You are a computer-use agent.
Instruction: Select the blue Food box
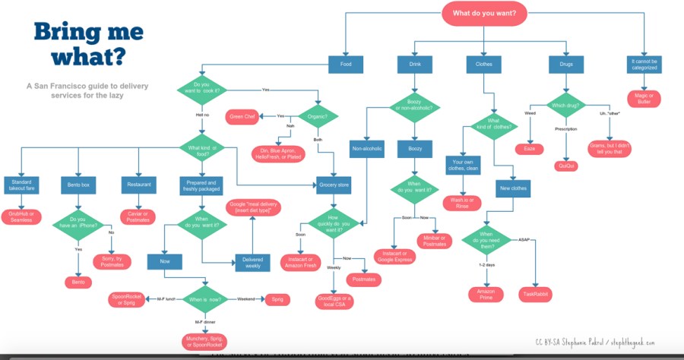pyautogui.click(x=345, y=64)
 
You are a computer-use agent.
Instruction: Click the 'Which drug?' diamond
pyautogui.click(x=568, y=106)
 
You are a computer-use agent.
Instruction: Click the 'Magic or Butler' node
pyautogui.click(x=643, y=97)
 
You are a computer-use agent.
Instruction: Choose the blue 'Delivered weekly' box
pyautogui.click(x=253, y=261)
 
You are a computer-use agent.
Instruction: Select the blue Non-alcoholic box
pyautogui.click(x=367, y=148)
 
